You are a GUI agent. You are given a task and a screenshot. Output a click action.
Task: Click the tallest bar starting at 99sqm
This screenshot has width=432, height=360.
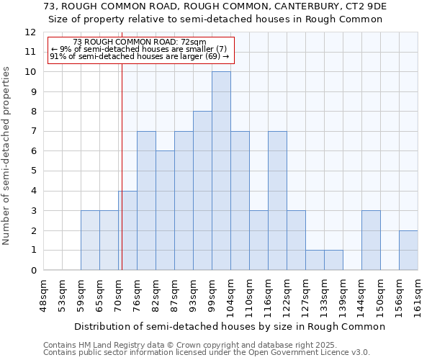(x=221, y=171)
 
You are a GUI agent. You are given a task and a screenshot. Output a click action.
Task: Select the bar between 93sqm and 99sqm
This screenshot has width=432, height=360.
(x=202, y=191)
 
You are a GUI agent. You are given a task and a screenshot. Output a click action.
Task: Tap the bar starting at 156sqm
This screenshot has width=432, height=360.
(x=408, y=251)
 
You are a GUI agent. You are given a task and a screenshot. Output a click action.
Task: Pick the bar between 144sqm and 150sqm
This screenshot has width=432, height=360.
(x=371, y=240)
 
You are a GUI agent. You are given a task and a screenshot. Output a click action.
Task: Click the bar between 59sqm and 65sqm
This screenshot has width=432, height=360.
(x=90, y=240)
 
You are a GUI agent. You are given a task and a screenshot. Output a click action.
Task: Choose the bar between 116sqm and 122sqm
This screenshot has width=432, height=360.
(x=277, y=201)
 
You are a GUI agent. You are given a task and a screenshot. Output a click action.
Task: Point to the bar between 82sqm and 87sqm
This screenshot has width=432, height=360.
(x=165, y=211)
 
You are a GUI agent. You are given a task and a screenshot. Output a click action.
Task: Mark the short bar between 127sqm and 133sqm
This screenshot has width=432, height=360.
(x=315, y=260)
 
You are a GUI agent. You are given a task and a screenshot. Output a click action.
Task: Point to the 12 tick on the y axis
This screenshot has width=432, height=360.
(x=30, y=32)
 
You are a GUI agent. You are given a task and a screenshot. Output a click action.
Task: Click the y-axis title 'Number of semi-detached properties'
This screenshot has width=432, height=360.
(x=6, y=156)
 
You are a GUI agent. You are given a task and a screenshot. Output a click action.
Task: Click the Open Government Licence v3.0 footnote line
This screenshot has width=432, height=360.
(x=207, y=353)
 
